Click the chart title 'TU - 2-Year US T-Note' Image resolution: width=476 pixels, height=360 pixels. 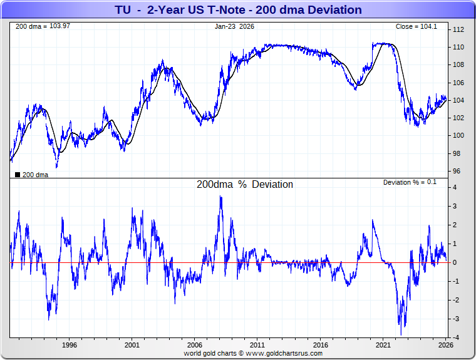[x=238, y=10]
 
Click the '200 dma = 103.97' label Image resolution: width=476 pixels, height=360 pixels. [x=34, y=26]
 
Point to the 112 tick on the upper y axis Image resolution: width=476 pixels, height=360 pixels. [x=458, y=30]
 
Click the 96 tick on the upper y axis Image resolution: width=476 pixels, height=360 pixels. [x=457, y=172]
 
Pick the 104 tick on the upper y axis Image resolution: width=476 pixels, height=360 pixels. [x=458, y=101]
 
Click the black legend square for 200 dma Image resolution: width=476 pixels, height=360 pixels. [x=17, y=175]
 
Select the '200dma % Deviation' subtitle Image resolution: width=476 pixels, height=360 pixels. [x=245, y=185]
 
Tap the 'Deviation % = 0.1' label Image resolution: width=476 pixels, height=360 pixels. [x=410, y=182]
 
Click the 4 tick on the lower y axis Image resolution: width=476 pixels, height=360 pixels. [x=455, y=188]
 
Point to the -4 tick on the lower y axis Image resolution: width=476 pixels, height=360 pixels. [x=456, y=338]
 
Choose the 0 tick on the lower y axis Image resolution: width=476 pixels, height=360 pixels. [x=455, y=263]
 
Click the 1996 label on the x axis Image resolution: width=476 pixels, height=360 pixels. [x=69, y=345]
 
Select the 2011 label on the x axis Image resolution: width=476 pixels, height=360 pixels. [x=257, y=345]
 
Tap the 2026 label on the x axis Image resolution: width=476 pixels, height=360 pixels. [x=445, y=345]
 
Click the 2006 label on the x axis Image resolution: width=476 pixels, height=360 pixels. [x=195, y=345]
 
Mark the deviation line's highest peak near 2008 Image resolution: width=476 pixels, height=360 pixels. [x=220, y=197]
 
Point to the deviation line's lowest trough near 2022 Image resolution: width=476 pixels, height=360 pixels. [x=401, y=334]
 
